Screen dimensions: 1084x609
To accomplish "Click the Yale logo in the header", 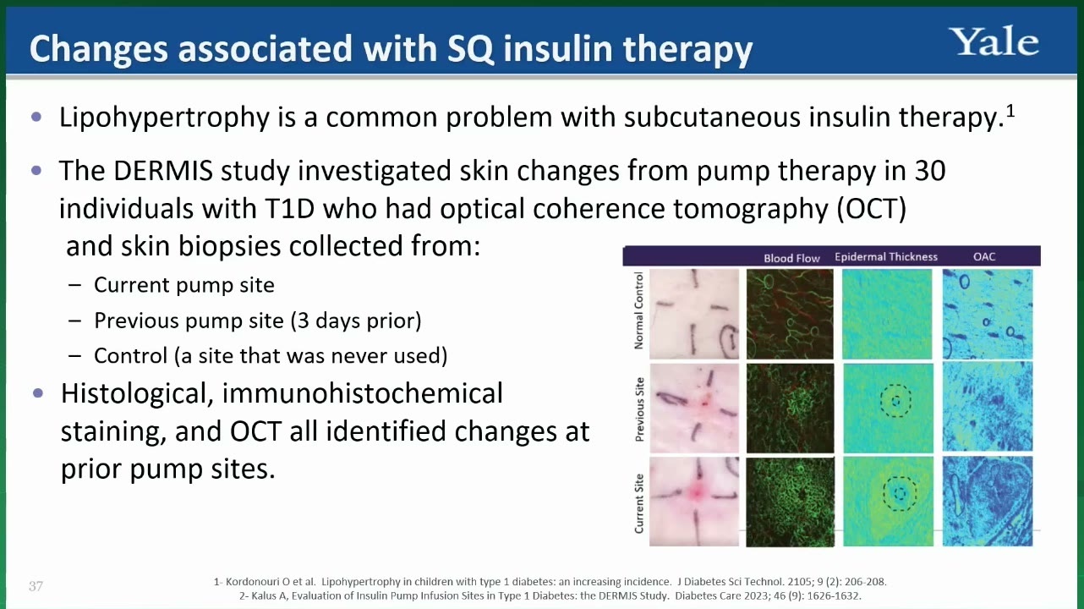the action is tap(993, 41).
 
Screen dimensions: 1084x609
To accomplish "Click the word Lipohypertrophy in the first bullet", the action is tap(164, 118).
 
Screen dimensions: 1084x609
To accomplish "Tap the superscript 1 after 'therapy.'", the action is tap(1010, 112).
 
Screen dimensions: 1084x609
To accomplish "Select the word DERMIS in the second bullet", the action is tap(163, 171).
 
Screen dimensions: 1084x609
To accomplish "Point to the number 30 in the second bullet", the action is tap(929, 171).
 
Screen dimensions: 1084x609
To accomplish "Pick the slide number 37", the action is tap(36, 586).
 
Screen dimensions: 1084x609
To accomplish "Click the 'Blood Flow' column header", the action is tap(791, 258).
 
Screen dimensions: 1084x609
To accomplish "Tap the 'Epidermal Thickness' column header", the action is tap(886, 256).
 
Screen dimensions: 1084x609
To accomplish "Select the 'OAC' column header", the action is tap(984, 256).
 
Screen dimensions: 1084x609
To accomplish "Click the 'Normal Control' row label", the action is tap(638, 310).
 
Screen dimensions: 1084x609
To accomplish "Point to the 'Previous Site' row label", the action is tap(639, 409).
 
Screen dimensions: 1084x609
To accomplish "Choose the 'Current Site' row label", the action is tap(638, 503).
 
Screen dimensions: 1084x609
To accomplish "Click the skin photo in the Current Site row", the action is tap(694, 501).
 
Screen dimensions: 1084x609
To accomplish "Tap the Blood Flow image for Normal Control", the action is tap(790, 314).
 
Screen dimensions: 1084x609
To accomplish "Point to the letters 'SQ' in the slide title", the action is tap(470, 49).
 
